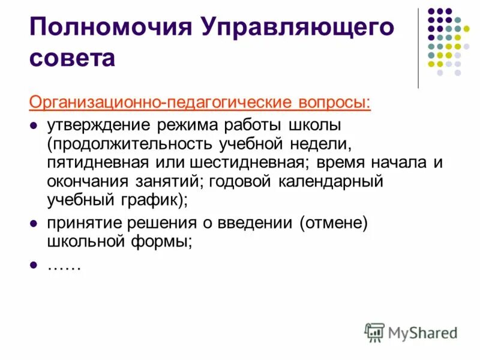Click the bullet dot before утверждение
(34, 127)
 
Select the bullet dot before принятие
(34, 224)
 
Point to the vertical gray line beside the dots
(419, 48)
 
